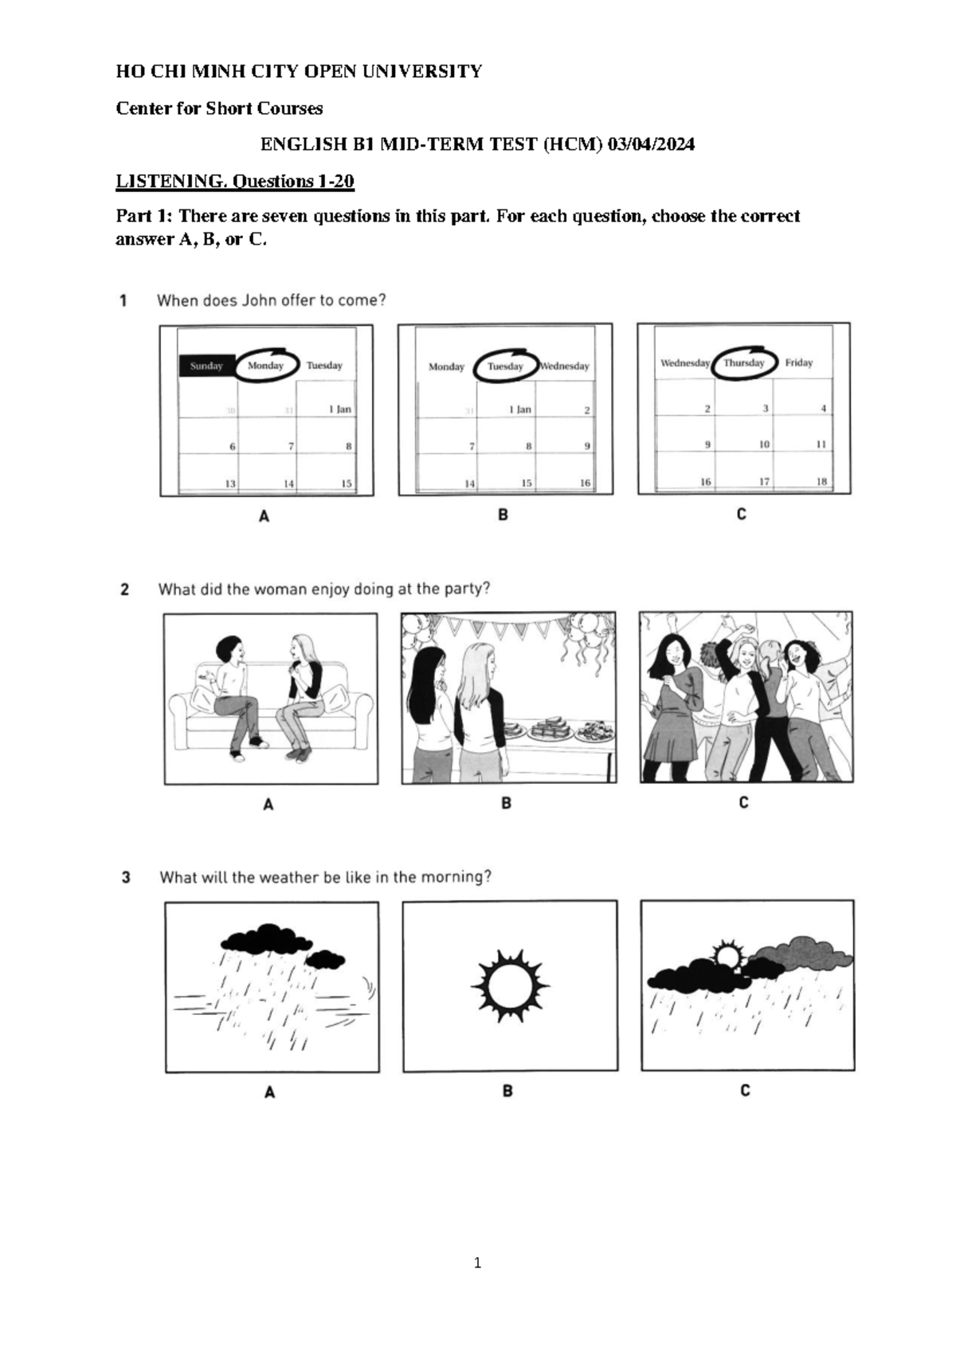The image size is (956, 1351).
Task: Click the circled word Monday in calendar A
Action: click(x=266, y=366)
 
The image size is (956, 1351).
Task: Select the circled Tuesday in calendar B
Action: click(x=505, y=366)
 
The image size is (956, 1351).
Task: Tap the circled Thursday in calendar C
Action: click(x=744, y=362)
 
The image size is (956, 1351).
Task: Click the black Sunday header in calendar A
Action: click(x=206, y=366)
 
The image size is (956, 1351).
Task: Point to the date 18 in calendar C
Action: click(x=821, y=481)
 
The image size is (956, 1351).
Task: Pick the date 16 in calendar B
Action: click(x=585, y=483)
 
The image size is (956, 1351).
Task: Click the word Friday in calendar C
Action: click(x=799, y=362)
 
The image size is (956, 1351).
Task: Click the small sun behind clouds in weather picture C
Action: click(x=727, y=954)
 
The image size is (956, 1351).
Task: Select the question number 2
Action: click(x=125, y=589)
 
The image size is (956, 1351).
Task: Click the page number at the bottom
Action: click(x=477, y=1262)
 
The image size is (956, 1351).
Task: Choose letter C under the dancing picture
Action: click(x=743, y=803)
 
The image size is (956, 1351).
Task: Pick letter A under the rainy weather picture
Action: click(x=269, y=1093)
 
